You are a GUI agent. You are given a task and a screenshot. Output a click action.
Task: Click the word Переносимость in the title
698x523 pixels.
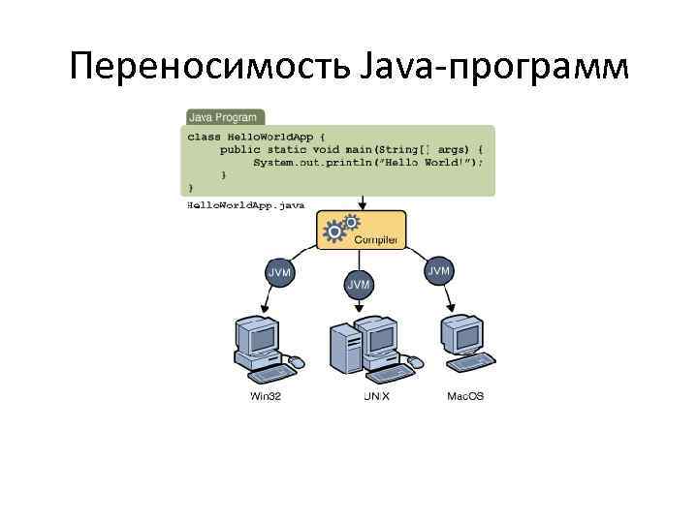pos(202,68)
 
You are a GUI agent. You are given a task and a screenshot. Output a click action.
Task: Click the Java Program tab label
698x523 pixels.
pos(223,117)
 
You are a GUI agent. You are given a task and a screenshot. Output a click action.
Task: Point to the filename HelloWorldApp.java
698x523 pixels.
pos(245,205)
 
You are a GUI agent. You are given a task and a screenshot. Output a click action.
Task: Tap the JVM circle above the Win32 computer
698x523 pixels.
pos(279,273)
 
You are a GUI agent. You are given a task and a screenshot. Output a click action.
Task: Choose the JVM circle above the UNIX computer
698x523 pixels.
pos(359,284)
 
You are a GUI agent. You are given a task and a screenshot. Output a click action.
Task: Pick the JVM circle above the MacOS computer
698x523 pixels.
pos(439,271)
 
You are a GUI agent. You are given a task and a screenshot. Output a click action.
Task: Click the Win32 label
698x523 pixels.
pos(265,397)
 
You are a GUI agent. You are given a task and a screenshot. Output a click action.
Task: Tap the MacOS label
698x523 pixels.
pos(465,397)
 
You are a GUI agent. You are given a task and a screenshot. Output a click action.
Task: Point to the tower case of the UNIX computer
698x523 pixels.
pos(344,354)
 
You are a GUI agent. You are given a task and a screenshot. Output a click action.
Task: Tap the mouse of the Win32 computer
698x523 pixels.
pos(297,363)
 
